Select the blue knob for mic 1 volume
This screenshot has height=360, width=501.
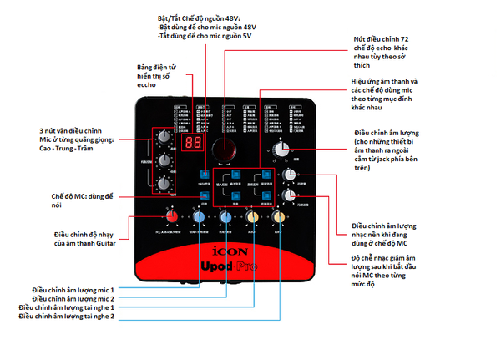tap(199, 218)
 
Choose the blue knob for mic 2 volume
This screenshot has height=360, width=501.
tap(225, 218)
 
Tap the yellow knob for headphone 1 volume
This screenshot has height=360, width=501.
tap(251, 218)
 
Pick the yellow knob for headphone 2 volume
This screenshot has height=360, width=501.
tap(278, 218)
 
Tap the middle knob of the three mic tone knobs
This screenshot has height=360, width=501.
tap(162, 157)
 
